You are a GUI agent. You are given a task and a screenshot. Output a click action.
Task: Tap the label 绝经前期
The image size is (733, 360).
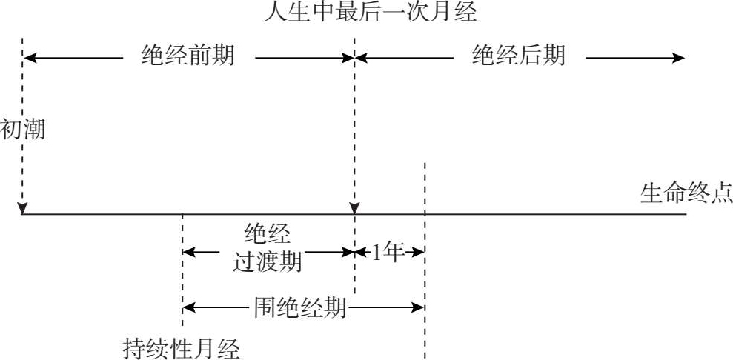188,56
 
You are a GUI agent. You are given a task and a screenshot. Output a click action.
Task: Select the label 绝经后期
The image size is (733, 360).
519,56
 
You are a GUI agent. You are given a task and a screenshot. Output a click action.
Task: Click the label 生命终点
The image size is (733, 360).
686,194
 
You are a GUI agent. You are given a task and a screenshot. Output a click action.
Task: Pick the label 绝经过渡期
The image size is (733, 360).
268,249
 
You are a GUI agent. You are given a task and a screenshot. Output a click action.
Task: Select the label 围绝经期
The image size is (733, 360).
300,307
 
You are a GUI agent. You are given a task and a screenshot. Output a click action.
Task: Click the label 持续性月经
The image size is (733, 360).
182,347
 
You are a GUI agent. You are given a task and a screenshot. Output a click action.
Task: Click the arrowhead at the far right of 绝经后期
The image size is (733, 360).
678,57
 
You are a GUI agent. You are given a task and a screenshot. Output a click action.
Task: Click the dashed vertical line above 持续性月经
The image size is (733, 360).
182,274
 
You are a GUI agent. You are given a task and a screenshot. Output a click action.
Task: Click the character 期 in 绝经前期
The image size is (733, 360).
223,56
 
